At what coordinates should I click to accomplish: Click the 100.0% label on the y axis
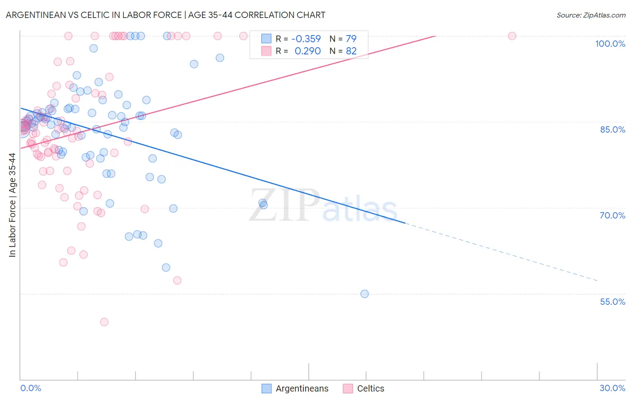tap(610, 44)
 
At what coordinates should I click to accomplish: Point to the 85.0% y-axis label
tap(613, 129)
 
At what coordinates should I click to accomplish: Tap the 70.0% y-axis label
tap(612, 215)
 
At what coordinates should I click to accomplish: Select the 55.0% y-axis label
tap(612, 302)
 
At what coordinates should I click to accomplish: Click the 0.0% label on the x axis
tap(31, 388)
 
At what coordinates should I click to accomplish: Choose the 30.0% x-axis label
tap(612, 388)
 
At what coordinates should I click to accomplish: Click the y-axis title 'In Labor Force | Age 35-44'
tap(13, 205)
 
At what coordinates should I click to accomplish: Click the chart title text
tap(166, 15)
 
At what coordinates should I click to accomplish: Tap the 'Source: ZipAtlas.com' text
tap(591, 15)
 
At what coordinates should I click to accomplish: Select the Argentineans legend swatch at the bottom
tap(267, 388)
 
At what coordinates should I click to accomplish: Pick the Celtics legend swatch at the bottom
tap(348, 388)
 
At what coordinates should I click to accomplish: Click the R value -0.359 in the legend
tap(306, 39)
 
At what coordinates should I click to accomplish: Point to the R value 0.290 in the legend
tap(307, 51)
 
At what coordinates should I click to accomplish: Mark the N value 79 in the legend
tap(351, 39)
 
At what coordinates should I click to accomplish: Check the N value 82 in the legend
tap(351, 51)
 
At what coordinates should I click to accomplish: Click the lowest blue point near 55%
tap(364, 294)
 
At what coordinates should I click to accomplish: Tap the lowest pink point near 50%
tap(104, 322)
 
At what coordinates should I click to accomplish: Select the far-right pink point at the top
tap(512, 36)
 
